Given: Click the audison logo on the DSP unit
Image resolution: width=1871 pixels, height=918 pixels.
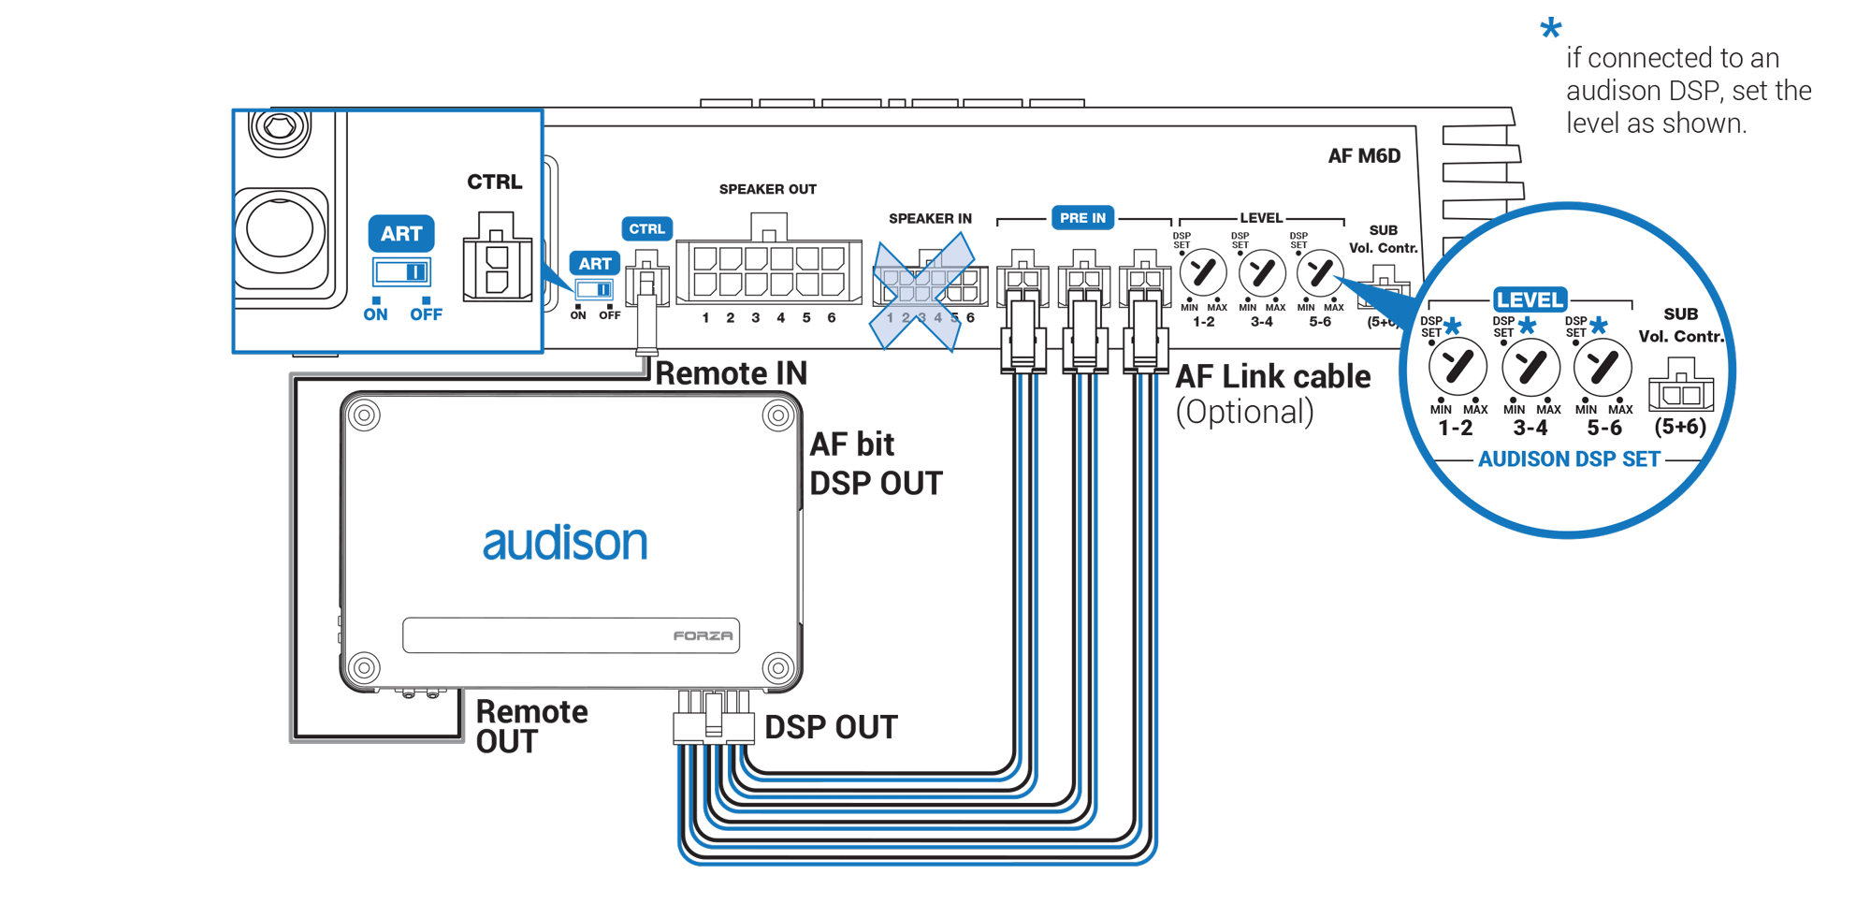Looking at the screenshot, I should click(564, 543).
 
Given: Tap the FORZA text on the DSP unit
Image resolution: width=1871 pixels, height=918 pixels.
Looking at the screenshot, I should click(703, 636).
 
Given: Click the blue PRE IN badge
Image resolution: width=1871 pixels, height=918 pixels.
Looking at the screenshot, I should click(1082, 218).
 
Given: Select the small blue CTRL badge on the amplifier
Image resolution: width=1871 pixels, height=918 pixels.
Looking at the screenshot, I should click(646, 229).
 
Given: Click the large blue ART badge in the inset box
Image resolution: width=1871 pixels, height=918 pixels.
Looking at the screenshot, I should click(401, 234).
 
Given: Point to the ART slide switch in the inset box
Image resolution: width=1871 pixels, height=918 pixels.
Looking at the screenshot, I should click(402, 272).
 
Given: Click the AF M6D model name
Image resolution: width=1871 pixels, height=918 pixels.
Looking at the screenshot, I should click(1364, 156).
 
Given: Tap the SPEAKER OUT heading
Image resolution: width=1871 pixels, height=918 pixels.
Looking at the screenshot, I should click(767, 189).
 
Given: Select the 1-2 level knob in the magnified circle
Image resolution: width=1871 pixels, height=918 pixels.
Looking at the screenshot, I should click(1458, 368).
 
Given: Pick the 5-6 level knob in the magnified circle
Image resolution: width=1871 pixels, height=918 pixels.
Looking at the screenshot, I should click(1603, 368).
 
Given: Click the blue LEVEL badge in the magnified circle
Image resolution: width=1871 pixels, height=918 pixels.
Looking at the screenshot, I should click(1530, 299).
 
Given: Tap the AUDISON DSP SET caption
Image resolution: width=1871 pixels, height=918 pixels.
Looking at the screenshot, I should click(1569, 459).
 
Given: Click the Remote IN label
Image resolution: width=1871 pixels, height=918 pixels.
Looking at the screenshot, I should click(731, 373).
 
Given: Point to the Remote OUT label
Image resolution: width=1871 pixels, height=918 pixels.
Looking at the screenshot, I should click(530, 726).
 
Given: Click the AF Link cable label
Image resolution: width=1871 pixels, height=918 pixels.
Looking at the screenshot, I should click(1272, 377).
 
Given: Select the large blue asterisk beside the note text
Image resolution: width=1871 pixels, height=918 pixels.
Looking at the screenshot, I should click(1550, 28).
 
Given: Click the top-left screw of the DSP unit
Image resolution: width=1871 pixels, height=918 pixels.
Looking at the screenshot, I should click(364, 415).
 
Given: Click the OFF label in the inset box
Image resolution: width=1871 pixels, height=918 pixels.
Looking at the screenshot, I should click(426, 314).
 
